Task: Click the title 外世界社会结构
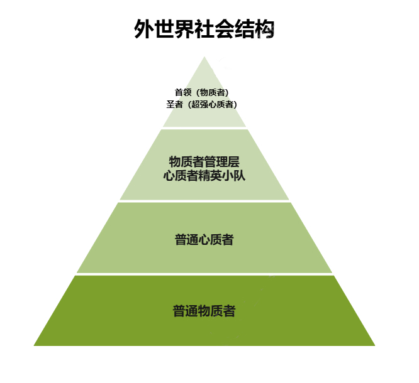pos(204,29)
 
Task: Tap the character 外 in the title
pos(144,29)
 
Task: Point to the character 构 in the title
pos(264,29)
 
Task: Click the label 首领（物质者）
pos(202,92)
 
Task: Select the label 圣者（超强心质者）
pos(202,104)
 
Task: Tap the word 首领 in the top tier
pos(183,92)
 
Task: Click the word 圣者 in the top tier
pos(174,104)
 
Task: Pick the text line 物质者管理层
pos(204,161)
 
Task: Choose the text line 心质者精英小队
pos(204,176)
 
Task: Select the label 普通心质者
pos(204,239)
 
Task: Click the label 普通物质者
pos(204,311)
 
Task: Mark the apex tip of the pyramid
pos(204,57)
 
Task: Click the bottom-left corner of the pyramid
pos(34,346)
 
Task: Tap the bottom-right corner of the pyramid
pos(375,346)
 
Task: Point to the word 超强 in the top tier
pos(200,104)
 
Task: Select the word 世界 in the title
pos(174,29)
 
